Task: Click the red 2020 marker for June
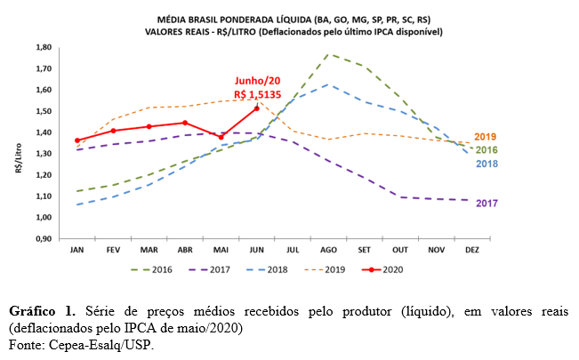(x=257, y=108)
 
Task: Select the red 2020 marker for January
(x=77, y=140)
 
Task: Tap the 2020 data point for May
(x=221, y=137)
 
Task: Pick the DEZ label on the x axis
(x=471, y=251)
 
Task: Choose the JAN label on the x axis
(x=77, y=251)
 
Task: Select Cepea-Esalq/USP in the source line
(x=97, y=344)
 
